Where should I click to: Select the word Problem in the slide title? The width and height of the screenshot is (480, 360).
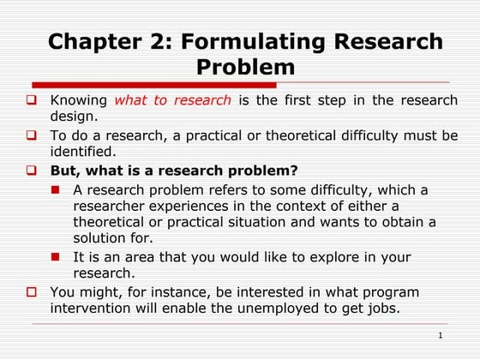(x=245, y=67)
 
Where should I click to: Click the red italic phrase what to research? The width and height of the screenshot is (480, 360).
(x=172, y=100)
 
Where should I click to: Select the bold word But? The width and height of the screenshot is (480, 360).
(x=66, y=170)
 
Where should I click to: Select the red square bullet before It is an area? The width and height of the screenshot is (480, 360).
(x=56, y=257)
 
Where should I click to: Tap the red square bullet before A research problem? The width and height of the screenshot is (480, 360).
(x=56, y=189)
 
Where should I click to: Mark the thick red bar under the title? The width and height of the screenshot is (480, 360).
(x=154, y=85)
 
